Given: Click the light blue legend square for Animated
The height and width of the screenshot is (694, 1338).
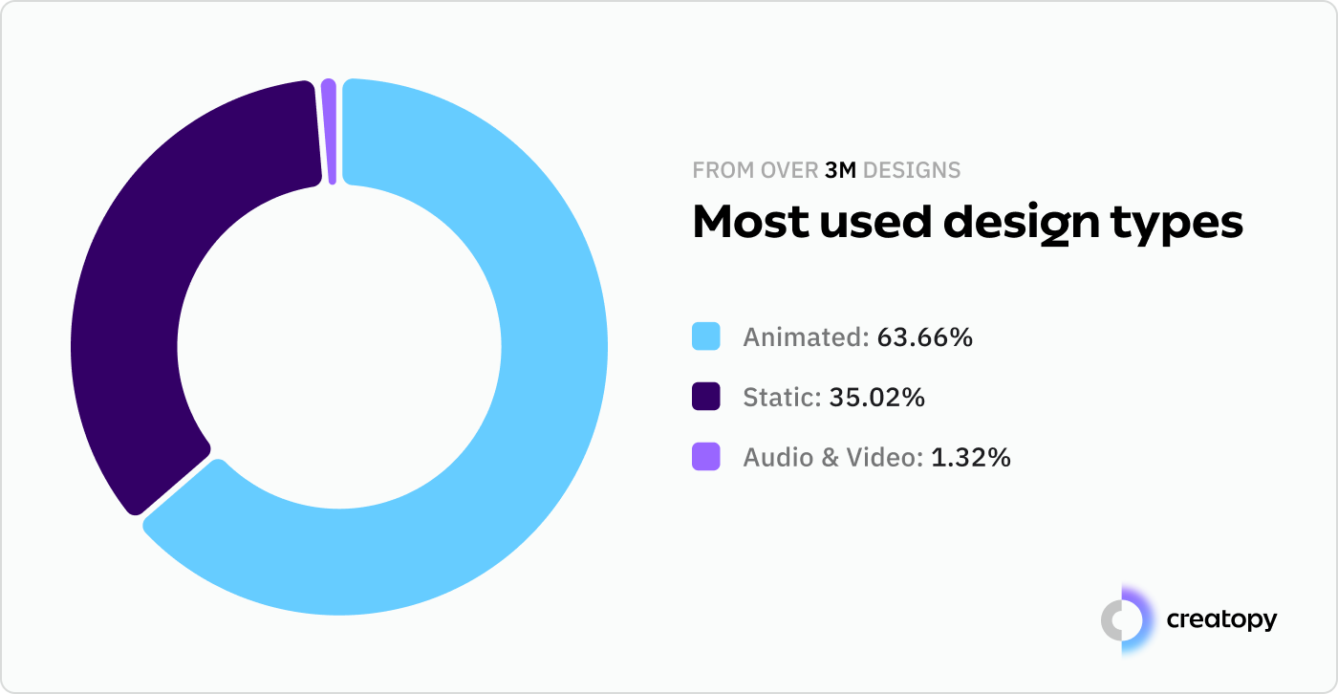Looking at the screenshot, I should pyautogui.click(x=705, y=336).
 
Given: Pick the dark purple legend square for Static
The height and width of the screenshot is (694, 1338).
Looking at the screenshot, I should pyautogui.click(x=705, y=397).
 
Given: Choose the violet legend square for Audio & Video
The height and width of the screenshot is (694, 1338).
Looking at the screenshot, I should pyautogui.click(x=705, y=457).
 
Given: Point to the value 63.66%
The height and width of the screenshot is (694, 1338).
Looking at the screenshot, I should pyautogui.click(x=924, y=337).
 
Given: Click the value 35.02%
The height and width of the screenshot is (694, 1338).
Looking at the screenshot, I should pyautogui.click(x=876, y=398).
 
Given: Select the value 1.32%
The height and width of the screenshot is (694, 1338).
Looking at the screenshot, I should pyautogui.click(x=970, y=458).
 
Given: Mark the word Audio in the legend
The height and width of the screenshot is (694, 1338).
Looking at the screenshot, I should pyautogui.click(x=773, y=458).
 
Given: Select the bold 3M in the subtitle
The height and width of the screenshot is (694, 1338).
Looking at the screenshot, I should pyautogui.click(x=841, y=171).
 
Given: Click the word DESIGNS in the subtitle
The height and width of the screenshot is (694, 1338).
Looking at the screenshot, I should pyautogui.click(x=912, y=171).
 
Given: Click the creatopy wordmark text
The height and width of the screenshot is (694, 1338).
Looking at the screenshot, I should pyautogui.click(x=1221, y=619).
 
